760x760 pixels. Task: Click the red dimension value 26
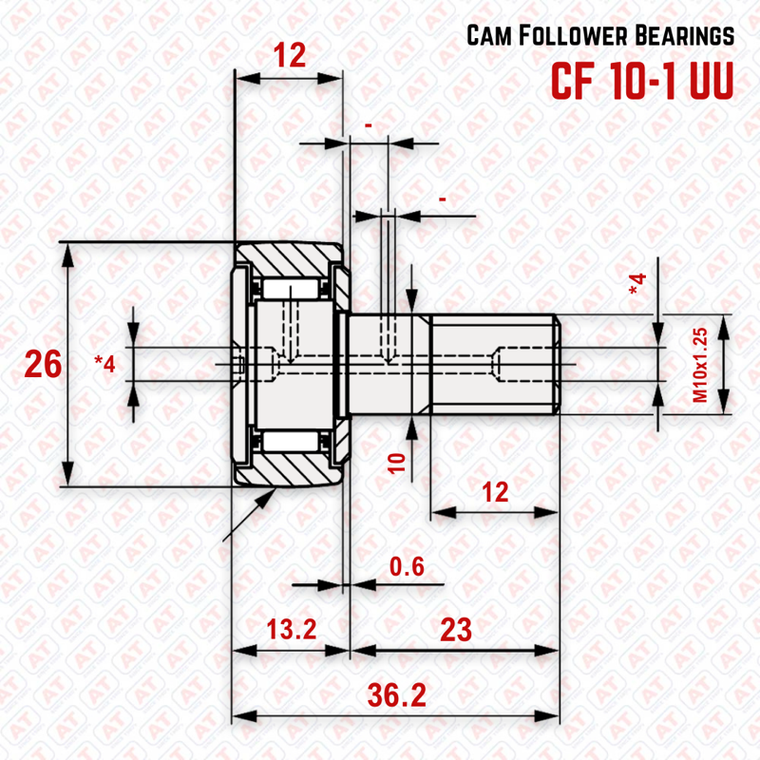44,365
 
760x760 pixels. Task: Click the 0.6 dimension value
406,567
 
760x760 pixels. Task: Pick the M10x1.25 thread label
701,364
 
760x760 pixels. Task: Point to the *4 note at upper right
637,282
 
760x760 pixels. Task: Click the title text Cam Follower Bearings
600,37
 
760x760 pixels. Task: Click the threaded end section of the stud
494,364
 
